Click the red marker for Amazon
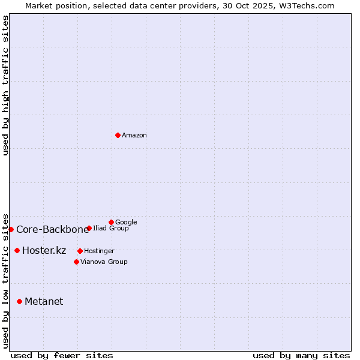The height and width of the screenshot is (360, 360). [118, 135]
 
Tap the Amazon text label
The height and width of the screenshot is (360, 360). [134, 136]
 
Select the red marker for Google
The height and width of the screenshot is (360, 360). [111, 222]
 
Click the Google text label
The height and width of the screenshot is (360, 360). [126, 222]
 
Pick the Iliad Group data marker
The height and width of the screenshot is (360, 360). [89, 228]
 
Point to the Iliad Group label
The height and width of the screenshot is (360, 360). [111, 229]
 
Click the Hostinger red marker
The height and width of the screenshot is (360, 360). [80, 251]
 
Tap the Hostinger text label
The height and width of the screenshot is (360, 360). [99, 251]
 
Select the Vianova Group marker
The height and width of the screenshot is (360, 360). [76, 262]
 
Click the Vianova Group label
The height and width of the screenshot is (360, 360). [104, 262]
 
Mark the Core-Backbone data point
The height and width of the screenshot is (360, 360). [11, 229]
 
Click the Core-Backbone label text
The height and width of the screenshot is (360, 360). [52, 229]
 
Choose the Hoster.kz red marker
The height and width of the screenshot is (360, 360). [17, 250]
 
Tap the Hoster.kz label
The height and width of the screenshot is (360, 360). [44, 251]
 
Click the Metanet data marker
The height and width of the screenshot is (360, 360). [19, 301]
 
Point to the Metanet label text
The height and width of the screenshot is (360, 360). [44, 302]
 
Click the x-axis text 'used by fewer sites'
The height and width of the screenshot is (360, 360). [62, 355]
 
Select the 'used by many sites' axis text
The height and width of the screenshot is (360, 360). [301, 355]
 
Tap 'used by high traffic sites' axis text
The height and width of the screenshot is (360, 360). [6, 85]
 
